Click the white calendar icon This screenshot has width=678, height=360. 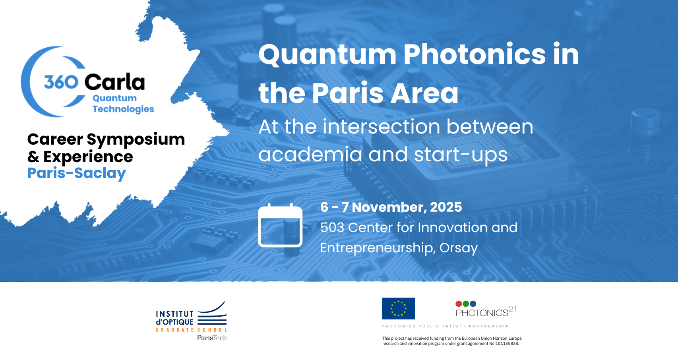pos(280,225)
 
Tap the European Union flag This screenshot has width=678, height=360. pos(398,308)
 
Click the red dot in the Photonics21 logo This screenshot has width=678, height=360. pos(459,304)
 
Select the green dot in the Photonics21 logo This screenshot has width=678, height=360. pos(466,304)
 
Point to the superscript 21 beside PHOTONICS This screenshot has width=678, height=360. pos(512,309)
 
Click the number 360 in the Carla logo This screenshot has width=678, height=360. pos(61,82)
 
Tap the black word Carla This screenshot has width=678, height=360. pos(115,82)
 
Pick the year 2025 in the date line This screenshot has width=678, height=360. pos(446,207)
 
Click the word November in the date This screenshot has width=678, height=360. pos(389,207)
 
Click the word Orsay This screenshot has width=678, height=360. pos(458,248)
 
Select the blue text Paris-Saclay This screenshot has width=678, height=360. pos(77,173)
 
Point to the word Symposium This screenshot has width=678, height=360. pos(136,140)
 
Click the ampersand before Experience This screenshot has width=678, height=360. pos(33,157)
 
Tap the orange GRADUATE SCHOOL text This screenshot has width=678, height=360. pos(191,330)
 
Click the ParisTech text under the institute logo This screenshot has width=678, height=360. pos(212,338)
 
